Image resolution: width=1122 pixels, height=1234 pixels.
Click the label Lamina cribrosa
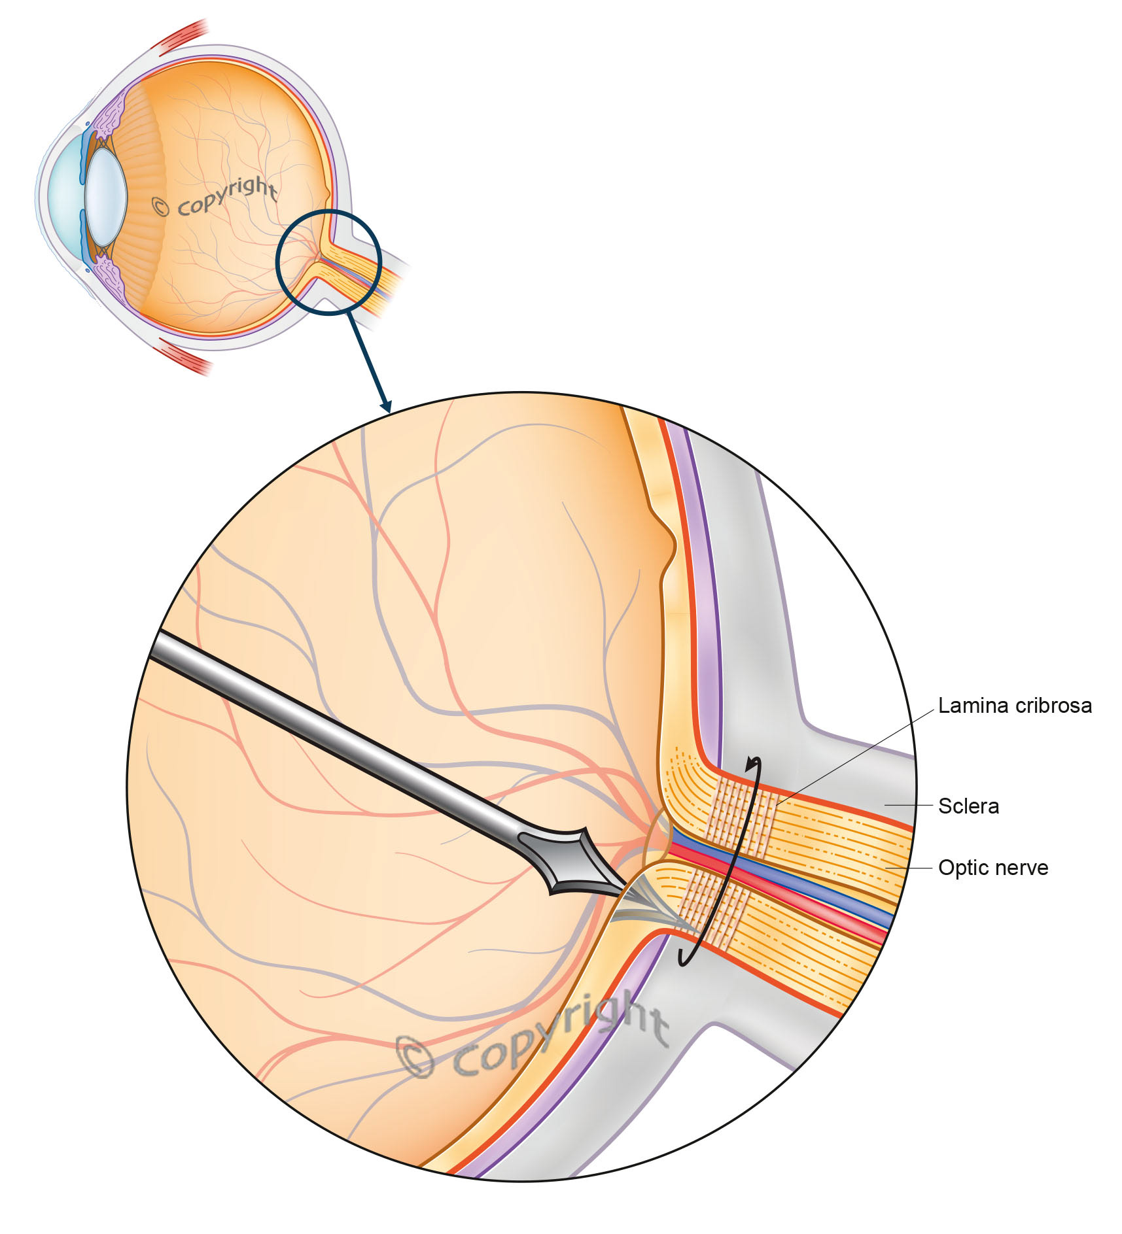point(1015,706)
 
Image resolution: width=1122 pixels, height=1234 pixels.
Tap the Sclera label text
point(968,806)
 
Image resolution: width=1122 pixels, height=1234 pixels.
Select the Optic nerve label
point(993,868)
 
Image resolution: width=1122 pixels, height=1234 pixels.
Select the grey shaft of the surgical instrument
point(327,732)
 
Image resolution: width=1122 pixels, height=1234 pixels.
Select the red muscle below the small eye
point(183,358)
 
